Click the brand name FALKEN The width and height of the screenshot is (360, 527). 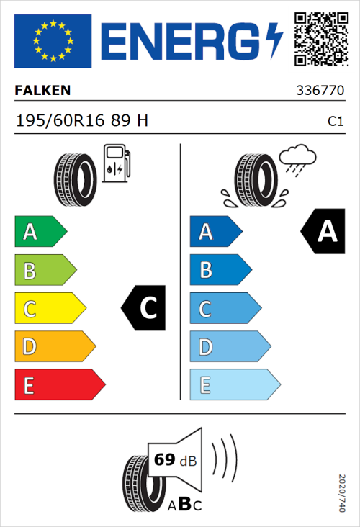[42, 91]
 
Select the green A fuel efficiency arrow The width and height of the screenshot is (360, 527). [40, 232]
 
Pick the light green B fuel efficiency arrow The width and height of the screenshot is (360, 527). [45, 271]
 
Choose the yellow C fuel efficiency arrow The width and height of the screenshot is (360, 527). [50, 309]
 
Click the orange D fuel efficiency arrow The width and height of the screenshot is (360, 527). [55, 347]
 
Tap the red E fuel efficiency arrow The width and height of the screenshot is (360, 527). [59, 385]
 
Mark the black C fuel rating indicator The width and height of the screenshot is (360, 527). [145, 309]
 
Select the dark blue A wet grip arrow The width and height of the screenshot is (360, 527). [215, 232]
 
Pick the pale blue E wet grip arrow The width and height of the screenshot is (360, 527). [234, 385]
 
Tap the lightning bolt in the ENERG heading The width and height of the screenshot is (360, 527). [275, 41]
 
